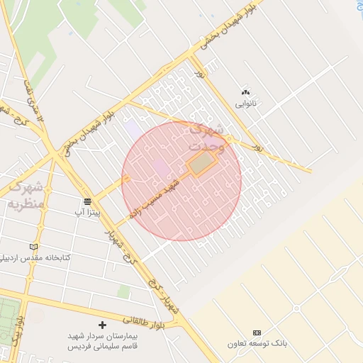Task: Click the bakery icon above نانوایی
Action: tap(246, 92)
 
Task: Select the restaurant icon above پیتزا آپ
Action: tap(87, 201)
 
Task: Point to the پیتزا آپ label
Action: tap(89, 212)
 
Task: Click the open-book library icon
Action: tap(33, 246)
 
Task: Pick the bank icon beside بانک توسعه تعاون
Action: tap(257, 333)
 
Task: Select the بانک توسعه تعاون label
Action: tap(257, 343)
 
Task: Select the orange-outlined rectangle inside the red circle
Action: tap(202, 164)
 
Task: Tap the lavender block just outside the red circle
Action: tap(133, 130)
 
